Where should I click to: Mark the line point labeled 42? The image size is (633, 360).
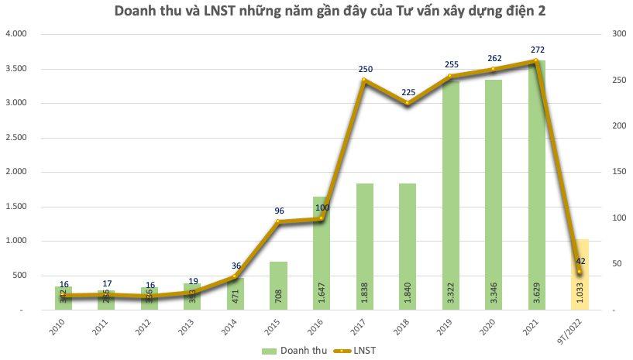tap(579, 271)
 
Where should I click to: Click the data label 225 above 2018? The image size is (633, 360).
tap(408, 92)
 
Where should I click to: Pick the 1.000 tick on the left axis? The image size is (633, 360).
tap(16, 241)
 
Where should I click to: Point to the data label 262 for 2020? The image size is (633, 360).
tap(494, 58)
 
